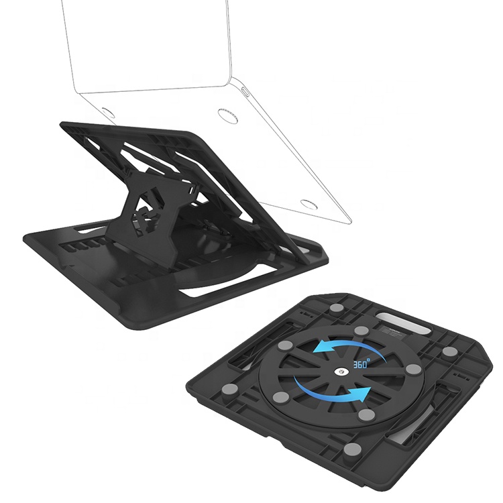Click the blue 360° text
pyautogui.click(x=361, y=364)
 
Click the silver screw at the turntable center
pyautogui.click(x=341, y=372)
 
